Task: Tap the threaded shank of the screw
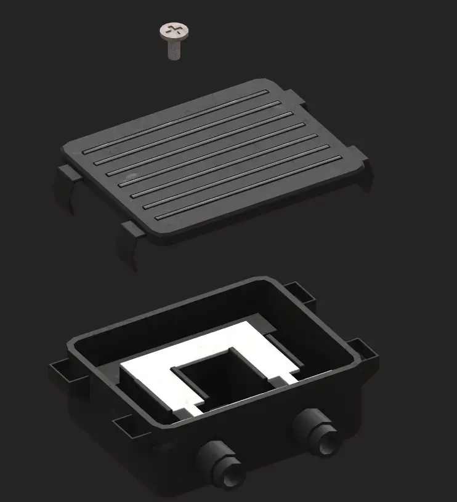coord(175,50)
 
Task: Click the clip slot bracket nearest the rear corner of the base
coord(299,292)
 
